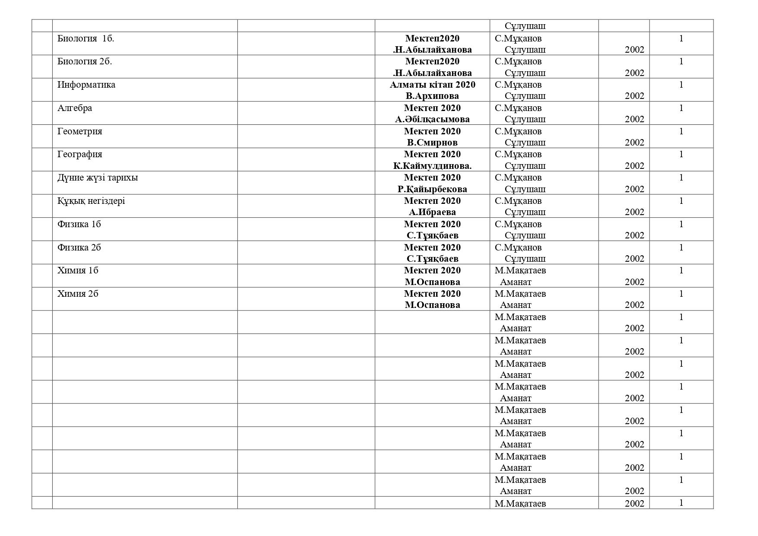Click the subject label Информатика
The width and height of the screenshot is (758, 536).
pyautogui.click(x=86, y=85)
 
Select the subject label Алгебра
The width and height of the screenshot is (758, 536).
pyautogui.click(x=75, y=108)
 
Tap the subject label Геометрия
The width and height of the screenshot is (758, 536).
pyautogui.click(x=80, y=131)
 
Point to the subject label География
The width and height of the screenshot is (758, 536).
pyautogui.click(x=80, y=154)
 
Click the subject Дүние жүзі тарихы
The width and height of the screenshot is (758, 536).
pyautogui.click(x=98, y=178)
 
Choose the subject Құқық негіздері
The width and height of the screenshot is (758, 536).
pyautogui.click(x=91, y=201)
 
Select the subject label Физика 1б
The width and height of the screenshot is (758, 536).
pyautogui.click(x=79, y=224)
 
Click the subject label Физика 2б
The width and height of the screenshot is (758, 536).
pyautogui.click(x=79, y=247)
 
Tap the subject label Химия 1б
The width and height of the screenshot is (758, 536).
pyautogui.click(x=78, y=270)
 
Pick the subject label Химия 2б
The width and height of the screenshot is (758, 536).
pyautogui.click(x=78, y=294)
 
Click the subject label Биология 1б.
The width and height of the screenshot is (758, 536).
pyautogui.click(x=86, y=38)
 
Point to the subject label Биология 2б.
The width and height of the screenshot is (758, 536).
pyautogui.click(x=85, y=61)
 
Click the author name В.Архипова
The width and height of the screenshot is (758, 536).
pyautogui.click(x=432, y=96)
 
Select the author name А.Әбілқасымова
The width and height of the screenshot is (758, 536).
pyautogui.click(x=432, y=119)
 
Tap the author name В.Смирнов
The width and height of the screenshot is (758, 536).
pyautogui.click(x=432, y=143)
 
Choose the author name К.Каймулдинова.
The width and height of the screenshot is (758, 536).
pyautogui.click(x=432, y=166)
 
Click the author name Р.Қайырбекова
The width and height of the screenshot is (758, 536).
pyautogui.click(x=432, y=189)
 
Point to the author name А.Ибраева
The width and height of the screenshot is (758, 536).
pyautogui.click(x=432, y=212)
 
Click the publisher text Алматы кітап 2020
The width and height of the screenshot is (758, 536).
pyautogui.click(x=432, y=85)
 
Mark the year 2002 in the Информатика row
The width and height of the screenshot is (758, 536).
pyautogui.click(x=634, y=96)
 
